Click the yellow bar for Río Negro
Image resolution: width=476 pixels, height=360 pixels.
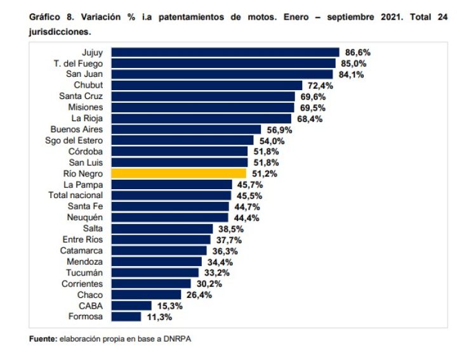(178, 173)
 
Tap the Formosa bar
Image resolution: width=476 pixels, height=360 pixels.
(126, 316)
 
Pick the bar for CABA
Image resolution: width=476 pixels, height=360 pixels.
(131, 305)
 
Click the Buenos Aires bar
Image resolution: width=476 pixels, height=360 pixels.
(186, 130)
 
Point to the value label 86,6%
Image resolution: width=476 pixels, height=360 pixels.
(356, 52)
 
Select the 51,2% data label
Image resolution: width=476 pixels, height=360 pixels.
(263, 173)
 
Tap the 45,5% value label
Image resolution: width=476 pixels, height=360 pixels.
(249, 196)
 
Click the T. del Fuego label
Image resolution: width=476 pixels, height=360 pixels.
(78, 63)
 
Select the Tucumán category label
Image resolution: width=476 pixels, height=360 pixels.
(86, 272)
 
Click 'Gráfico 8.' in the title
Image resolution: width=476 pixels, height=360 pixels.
(53, 17)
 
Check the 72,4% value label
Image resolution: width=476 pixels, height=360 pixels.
(319, 85)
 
